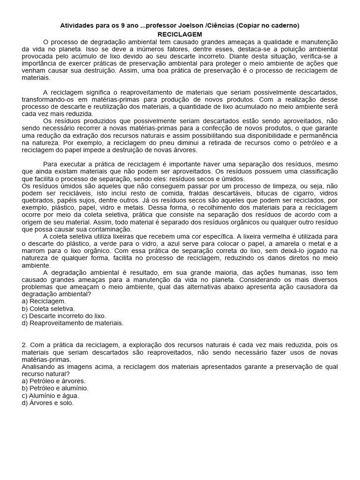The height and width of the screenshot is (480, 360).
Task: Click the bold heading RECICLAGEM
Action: coord(180,35)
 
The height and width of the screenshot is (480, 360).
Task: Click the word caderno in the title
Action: coord(284,25)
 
